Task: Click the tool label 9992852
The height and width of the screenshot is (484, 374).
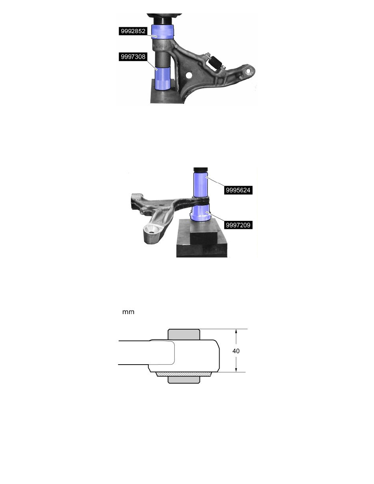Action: (x=133, y=31)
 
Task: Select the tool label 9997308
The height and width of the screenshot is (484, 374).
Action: (x=133, y=57)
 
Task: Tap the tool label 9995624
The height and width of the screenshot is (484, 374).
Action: (x=238, y=190)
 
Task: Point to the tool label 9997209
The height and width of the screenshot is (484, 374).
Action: (x=238, y=225)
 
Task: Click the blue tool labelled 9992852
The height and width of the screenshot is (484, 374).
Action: (x=163, y=31)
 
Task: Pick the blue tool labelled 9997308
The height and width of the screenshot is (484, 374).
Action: (x=163, y=78)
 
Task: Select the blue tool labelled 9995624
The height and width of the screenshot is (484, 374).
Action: (x=200, y=184)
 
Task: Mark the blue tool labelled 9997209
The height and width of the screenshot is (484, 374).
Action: (x=200, y=213)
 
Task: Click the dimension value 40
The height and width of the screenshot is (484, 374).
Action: (x=236, y=351)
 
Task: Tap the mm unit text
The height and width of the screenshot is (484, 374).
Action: (x=128, y=312)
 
